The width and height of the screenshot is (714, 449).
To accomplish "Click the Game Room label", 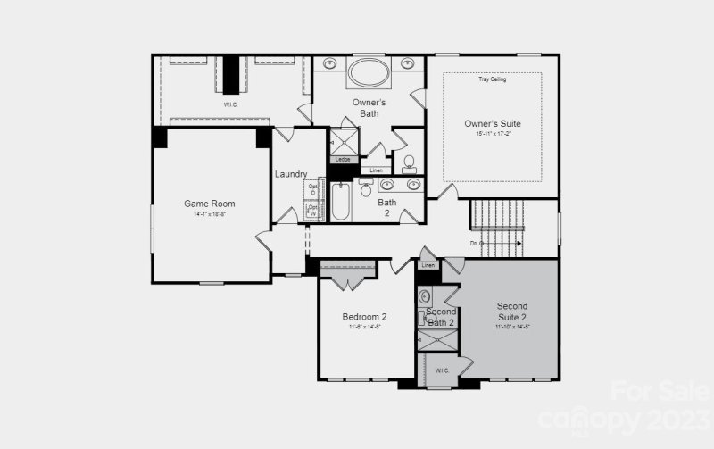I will (x=209, y=204).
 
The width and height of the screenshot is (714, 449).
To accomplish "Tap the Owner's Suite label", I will (x=492, y=123).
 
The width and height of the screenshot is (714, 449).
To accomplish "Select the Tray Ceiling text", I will (x=492, y=79).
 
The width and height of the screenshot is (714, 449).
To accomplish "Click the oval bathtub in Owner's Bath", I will (x=369, y=71).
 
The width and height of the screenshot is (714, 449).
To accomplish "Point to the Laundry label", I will (x=291, y=174).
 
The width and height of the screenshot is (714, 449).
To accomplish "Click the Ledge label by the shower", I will (x=343, y=160).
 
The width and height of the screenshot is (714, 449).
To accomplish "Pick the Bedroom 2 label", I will (x=364, y=317).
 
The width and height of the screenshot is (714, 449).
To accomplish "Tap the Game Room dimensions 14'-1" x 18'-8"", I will (x=209, y=215).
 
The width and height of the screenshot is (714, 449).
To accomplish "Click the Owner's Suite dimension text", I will (x=492, y=134).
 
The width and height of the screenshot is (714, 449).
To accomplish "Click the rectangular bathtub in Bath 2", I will (x=342, y=203).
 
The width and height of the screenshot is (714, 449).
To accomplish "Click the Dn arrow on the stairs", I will (x=476, y=243).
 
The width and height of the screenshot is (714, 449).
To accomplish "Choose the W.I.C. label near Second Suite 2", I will (x=441, y=370).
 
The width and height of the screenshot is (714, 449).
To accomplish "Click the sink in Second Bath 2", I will (x=425, y=296).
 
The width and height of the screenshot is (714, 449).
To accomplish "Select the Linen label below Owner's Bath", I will (x=376, y=170).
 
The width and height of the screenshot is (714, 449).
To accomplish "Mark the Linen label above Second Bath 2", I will (x=428, y=266).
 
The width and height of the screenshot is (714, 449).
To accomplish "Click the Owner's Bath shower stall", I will (x=344, y=141).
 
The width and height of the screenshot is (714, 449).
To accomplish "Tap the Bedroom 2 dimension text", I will (x=364, y=328).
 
